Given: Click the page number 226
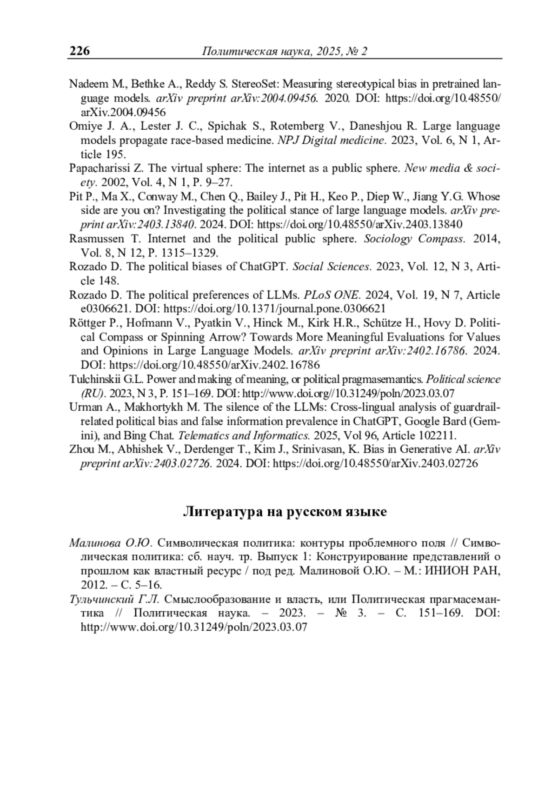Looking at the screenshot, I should (80, 51).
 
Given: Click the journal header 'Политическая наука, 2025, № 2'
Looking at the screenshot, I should (284, 51).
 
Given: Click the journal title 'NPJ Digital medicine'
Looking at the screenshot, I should (332, 140).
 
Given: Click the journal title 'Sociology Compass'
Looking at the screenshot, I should (414, 239).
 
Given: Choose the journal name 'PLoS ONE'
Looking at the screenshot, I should (332, 295).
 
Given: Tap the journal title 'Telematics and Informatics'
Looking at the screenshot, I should (244, 436).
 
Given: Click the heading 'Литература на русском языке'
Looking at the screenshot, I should (284, 512).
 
